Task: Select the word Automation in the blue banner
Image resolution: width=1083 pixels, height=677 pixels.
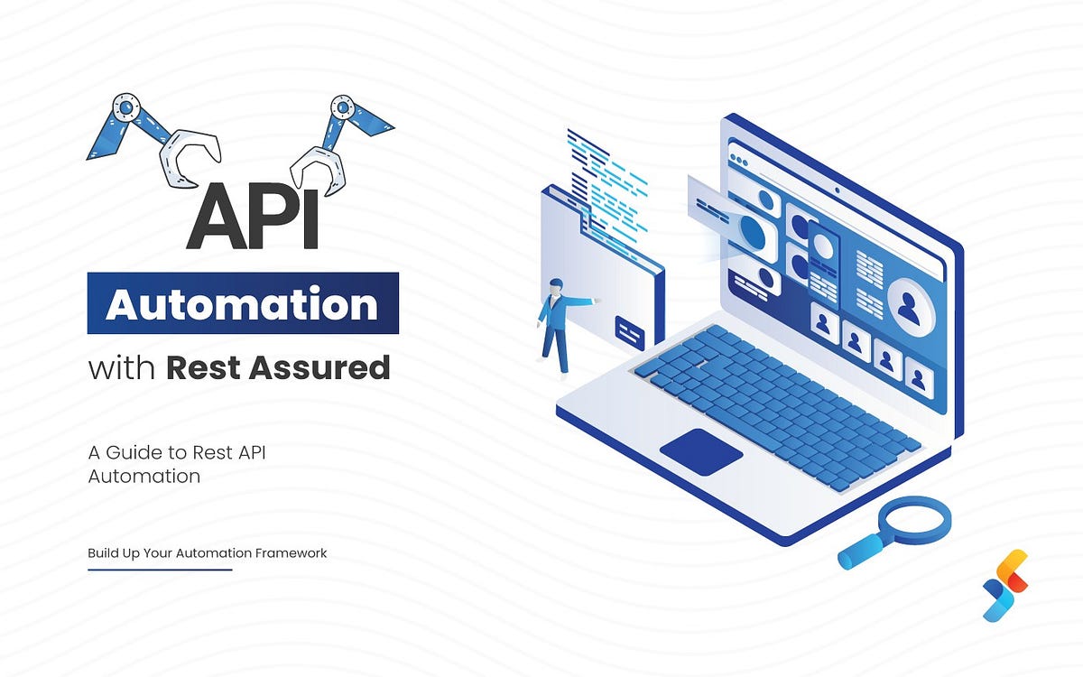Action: [x=242, y=304]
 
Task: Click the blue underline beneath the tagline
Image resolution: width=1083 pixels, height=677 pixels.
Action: [x=160, y=570]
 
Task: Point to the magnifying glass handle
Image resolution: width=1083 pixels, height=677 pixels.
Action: [x=858, y=552]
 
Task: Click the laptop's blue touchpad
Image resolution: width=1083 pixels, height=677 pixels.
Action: [x=701, y=450]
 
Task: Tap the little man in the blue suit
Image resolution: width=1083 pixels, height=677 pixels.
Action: [x=555, y=326]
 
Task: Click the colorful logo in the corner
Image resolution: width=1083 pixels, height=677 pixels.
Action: [x=1005, y=584]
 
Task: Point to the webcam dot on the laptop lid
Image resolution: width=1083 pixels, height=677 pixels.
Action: [x=837, y=190]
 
